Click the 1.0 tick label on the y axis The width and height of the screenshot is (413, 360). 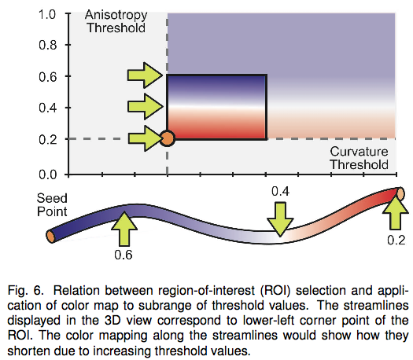(47, 14)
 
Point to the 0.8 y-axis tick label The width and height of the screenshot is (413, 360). (48, 46)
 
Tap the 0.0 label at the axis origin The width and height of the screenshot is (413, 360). (48, 174)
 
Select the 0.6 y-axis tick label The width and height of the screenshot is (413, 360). (48, 77)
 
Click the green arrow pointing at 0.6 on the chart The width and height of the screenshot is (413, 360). (145, 75)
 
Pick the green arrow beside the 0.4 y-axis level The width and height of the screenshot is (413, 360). (145, 107)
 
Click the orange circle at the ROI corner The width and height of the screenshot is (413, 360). (168, 138)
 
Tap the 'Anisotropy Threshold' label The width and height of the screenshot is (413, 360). (116, 21)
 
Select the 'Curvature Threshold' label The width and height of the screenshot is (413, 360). (359, 158)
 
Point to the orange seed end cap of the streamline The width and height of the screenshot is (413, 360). (50, 236)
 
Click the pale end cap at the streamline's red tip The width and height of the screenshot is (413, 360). (400, 193)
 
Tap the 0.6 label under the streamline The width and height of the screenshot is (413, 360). (124, 255)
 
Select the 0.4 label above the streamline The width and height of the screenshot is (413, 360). (280, 191)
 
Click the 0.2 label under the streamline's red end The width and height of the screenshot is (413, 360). (396, 240)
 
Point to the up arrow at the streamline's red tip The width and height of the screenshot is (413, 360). (396, 213)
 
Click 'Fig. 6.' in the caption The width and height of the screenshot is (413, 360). (24, 291)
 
